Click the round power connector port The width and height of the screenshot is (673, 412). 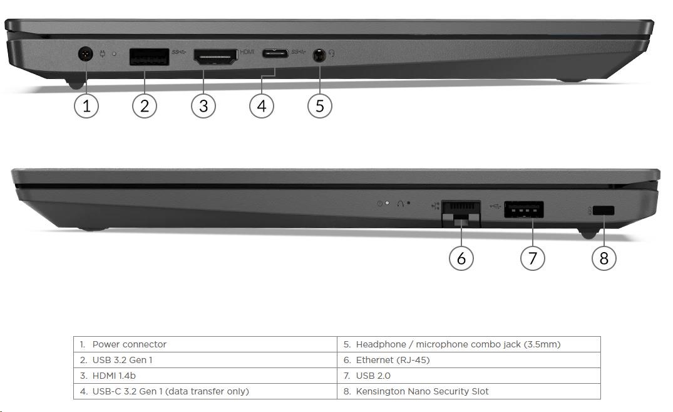click(x=86, y=55)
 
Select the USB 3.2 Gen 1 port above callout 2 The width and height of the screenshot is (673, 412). click(x=149, y=57)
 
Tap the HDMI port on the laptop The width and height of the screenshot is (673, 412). click(x=215, y=57)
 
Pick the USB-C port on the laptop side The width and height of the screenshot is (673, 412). click(x=275, y=54)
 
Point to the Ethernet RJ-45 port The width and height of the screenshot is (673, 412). click(x=461, y=212)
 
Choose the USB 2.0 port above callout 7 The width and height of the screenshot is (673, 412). click(x=523, y=209)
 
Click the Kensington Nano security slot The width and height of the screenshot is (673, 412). click(x=604, y=211)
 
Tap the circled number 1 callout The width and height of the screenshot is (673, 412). click(x=86, y=106)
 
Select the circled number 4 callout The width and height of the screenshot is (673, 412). click(x=262, y=106)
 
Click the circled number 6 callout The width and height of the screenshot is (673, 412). click(x=461, y=258)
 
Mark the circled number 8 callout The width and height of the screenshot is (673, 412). click(x=604, y=258)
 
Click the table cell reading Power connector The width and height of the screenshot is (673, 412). click(x=129, y=344)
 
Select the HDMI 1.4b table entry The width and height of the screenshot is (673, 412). click(x=114, y=376)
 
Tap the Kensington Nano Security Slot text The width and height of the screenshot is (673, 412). click(x=422, y=391)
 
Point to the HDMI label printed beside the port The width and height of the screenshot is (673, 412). click(x=247, y=52)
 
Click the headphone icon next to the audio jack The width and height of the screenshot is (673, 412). click(x=331, y=54)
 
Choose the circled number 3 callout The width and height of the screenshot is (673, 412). click(x=203, y=106)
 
